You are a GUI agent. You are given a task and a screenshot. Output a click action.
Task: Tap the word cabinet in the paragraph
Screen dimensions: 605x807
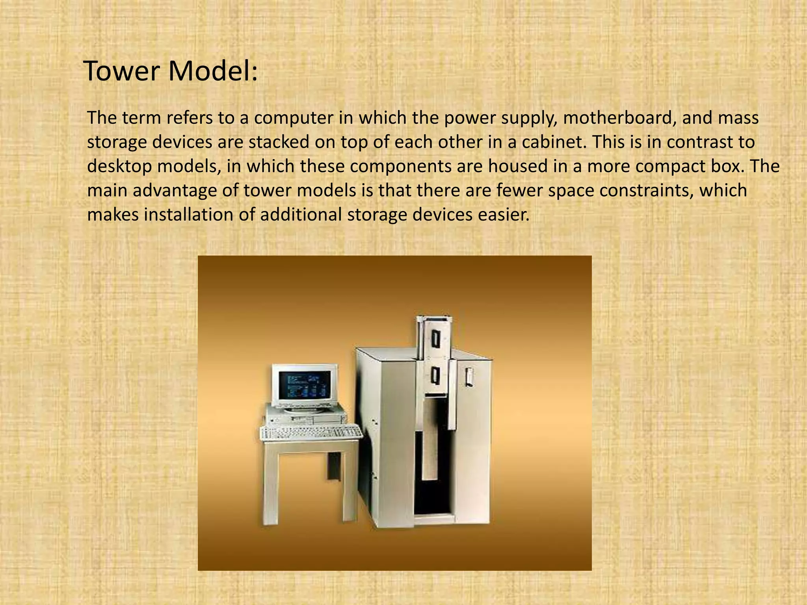pyautogui.click(x=552, y=142)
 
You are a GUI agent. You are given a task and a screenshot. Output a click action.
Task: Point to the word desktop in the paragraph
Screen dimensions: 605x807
pyautogui.click(x=119, y=167)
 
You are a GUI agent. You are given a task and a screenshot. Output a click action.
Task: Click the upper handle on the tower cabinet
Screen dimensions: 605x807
pyautogui.click(x=435, y=339)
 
